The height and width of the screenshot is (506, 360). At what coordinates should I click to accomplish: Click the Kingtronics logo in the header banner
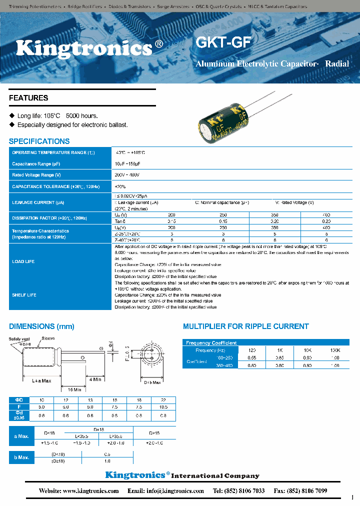click(84, 48)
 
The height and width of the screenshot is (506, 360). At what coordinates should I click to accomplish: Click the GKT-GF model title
click(222, 42)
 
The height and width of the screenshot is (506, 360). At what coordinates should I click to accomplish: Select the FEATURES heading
click(28, 98)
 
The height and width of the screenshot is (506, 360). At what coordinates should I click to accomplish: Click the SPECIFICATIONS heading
click(39, 141)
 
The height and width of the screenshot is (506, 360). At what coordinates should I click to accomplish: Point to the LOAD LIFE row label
click(23, 261)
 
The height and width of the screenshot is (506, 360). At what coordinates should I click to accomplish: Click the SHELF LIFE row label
click(24, 295)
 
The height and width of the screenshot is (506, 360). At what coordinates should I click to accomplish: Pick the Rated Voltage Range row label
click(36, 175)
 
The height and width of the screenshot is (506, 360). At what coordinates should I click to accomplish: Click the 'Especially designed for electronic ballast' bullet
click(72, 125)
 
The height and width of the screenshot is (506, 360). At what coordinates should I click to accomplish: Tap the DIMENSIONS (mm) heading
click(41, 326)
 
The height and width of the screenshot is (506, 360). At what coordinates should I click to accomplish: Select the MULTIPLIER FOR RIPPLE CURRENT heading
click(245, 326)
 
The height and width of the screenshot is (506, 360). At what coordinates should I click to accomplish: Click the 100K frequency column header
click(334, 350)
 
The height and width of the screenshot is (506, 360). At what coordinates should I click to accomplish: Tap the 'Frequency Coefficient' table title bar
click(211, 343)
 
